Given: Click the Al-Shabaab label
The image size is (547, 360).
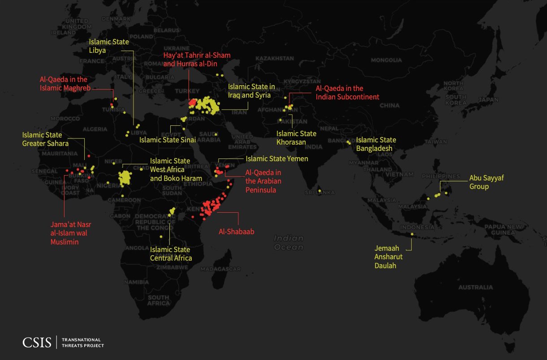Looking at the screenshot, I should tap(236, 231).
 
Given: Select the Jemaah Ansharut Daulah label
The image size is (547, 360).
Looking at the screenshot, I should tap(388, 257).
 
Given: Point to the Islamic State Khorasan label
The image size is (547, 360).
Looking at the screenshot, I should tap(296, 137).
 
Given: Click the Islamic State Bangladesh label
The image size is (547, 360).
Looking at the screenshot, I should tap(376, 144).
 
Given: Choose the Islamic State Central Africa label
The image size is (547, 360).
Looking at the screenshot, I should tap(171, 253).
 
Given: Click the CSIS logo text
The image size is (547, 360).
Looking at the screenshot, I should tap(37, 343).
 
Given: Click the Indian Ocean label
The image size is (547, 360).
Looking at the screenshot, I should tap(289, 243).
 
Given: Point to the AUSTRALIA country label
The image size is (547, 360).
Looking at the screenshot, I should tap(475, 287).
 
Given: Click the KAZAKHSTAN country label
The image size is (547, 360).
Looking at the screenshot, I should tap(274, 58).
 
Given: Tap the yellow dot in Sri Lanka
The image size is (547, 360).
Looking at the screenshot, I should tap(319, 191).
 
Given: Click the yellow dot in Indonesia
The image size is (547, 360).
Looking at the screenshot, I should tap(412, 234).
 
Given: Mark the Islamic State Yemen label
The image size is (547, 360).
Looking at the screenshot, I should tap(276, 159).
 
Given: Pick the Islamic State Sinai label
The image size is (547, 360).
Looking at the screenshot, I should tap(168, 140).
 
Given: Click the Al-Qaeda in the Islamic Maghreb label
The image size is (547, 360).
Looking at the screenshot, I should tap(63, 83).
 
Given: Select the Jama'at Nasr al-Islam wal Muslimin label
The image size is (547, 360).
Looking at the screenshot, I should tap(71, 233).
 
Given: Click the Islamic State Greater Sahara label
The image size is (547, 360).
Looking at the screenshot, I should tap(45, 139).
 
